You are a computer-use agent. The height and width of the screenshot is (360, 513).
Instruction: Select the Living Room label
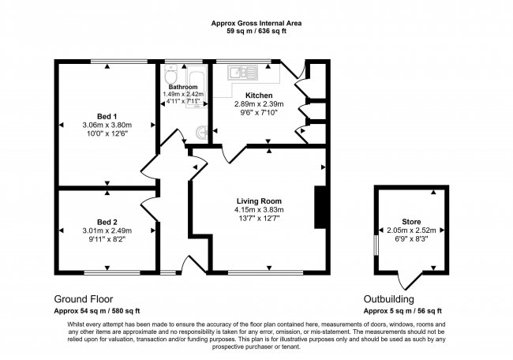pos(258,201)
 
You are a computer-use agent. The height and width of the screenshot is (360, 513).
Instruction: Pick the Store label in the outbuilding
pos(408,221)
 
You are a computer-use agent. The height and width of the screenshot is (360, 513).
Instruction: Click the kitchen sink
pos(237,73)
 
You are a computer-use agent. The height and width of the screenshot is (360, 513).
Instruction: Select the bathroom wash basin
pos(202,132)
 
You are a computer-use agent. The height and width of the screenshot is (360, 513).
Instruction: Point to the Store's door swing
pos(408,279)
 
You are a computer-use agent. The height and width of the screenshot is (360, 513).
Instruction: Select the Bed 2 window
pos(107,272)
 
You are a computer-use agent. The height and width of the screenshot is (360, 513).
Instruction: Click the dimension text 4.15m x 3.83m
pos(258,209)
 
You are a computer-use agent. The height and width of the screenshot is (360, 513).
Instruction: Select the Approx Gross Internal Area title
pos(256,24)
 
